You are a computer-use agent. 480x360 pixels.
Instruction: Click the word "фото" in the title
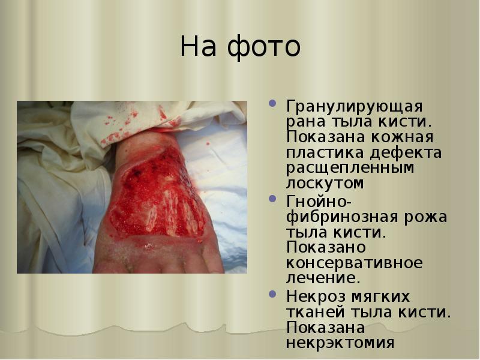click(265, 47)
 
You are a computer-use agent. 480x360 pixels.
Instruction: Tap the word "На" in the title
click(200, 47)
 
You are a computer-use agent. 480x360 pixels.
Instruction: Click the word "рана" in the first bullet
click(307, 122)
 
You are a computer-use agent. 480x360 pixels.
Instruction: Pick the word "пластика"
click(324, 152)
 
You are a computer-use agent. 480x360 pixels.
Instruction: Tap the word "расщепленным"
click(350, 167)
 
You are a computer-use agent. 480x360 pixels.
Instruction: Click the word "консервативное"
click(354, 262)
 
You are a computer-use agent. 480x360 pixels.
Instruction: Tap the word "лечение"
click(322, 278)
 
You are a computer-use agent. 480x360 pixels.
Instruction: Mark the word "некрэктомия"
click(340, 343)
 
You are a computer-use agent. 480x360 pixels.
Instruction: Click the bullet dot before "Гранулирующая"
click(274, 103)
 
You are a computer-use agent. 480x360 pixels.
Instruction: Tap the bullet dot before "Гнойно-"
click(274, 197)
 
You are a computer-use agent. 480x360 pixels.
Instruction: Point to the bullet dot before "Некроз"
click(274, 293)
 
